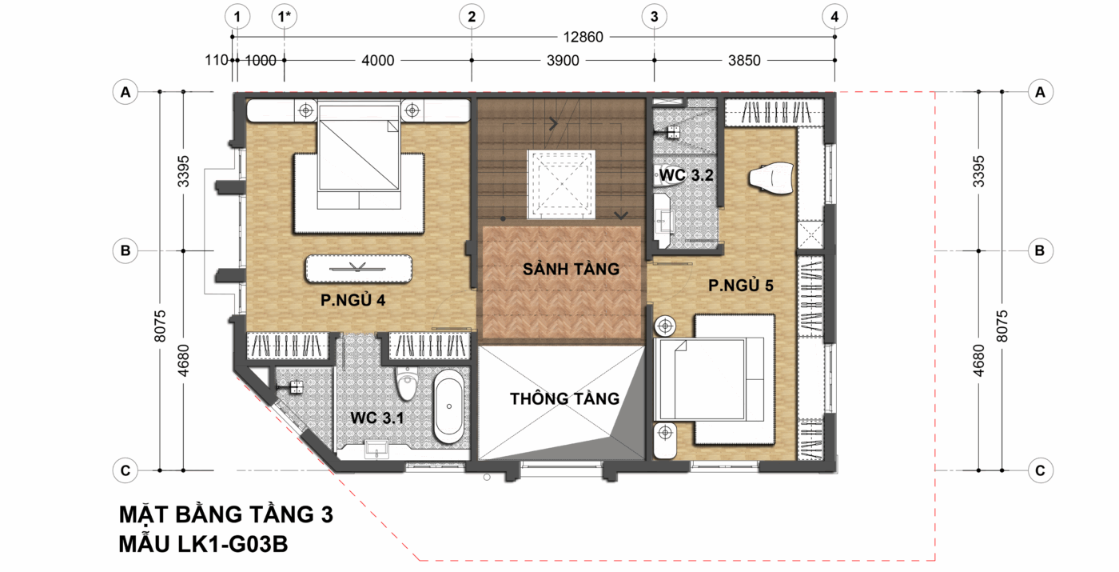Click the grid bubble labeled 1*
(x=285, y=17)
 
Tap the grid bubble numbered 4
(x=834, y=17)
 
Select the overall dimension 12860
(x=583, y=37)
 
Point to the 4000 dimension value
(x=377, y=61)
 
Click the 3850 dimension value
(x=744, y=61)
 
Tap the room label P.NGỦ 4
(x=352, y=300)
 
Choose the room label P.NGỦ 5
(x=741, y=286)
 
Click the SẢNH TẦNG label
(x=571, y=269)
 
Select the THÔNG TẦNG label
(x=564, y=398)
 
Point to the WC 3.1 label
(x=376, y=418)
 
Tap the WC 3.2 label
(x=687, y=175)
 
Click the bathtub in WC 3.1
(x=448, y=406)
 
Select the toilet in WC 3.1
(x=406, y=383)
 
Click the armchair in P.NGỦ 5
(x=771, y=178)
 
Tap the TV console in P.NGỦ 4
(x=359, y=269)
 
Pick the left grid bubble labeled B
(x=125, y=250)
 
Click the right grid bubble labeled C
(x=1040, y=470)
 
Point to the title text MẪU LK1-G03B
(x=203, y=544)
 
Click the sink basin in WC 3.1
(x=376, y=449)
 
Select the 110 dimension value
(x=217, y=61)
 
